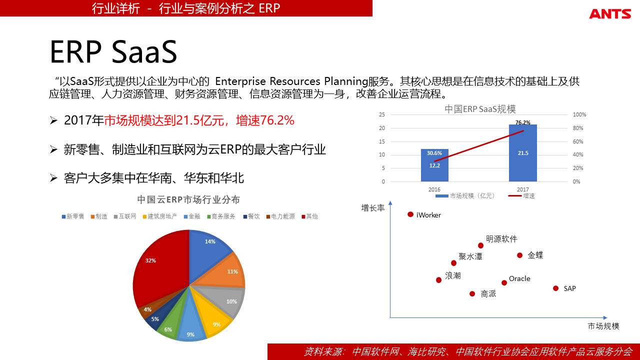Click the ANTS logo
click(x=610, y=14)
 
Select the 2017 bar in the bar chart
click(x=523, y=153)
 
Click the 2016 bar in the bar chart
click(x=434, y=165)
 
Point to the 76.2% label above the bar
click(x=523, y=122)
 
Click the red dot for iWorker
click(x=410, y=214)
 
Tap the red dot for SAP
click(x=555, y=288)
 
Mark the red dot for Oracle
click(x=504, y=282)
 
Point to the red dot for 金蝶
click(x=519, y=255)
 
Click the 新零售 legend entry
click(x=73, y=216)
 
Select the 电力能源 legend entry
click(x=280, y=216)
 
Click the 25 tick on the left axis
click(x=382, y=114)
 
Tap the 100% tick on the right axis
click(x=579, y=114)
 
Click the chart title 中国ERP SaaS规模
click(x=480, y=109)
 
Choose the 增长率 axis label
click(x=373, y=207)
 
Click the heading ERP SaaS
click(x=113, y=51)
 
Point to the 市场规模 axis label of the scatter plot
click(x=603, y=326)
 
